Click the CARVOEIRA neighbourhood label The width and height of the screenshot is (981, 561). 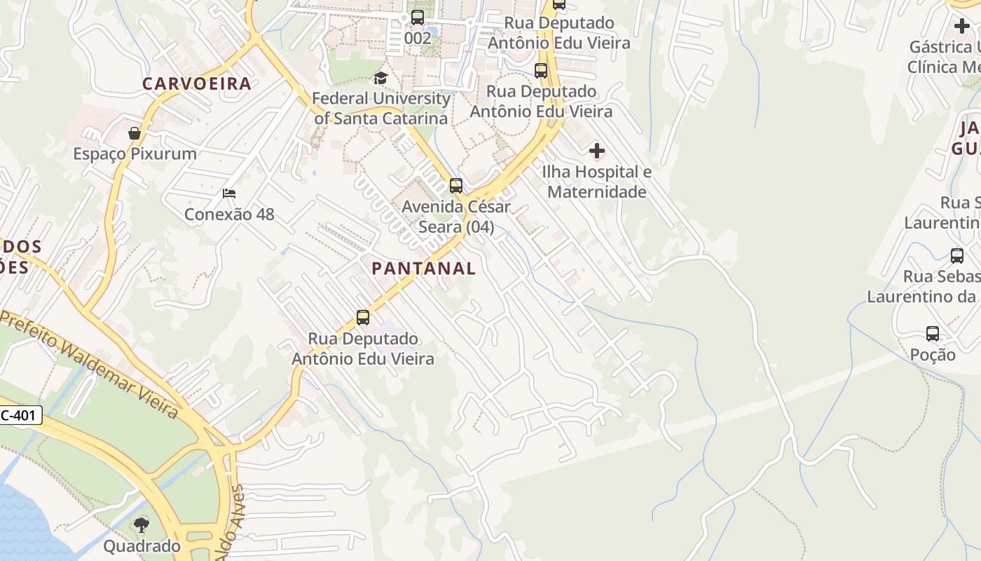(x=196, y=83)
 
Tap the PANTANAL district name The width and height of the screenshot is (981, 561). (x=423, y=268)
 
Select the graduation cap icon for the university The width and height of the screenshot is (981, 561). (x=380, y=78)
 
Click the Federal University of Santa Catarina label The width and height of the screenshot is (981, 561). (x=381, y=108)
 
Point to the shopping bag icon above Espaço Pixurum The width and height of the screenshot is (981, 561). (x=135, y=133)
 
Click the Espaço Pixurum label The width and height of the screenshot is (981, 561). (x=135, y=154)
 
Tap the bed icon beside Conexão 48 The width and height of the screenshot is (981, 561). (x=229, y=194)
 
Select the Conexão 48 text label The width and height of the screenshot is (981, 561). (x=229, y=214)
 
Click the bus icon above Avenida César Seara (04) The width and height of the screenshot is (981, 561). (x=456, y=186)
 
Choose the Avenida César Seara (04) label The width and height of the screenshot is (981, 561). (x=456, y=217)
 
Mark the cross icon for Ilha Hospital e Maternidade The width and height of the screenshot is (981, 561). (x=597, y=151)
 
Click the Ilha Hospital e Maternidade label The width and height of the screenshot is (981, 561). (x=597, y=182)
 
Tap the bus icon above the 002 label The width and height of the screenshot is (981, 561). (x=418, y=18)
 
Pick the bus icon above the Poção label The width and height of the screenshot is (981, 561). (x=933, y=334)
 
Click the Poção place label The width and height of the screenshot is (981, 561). (x=933, y=355)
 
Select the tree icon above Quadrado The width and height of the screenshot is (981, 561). (x=142, y=525)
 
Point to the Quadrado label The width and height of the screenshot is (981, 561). (x=142, y=546)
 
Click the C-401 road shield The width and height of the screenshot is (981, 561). (x=20, y=415)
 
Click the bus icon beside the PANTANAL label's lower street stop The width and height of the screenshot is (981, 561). (x=363, y=318)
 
